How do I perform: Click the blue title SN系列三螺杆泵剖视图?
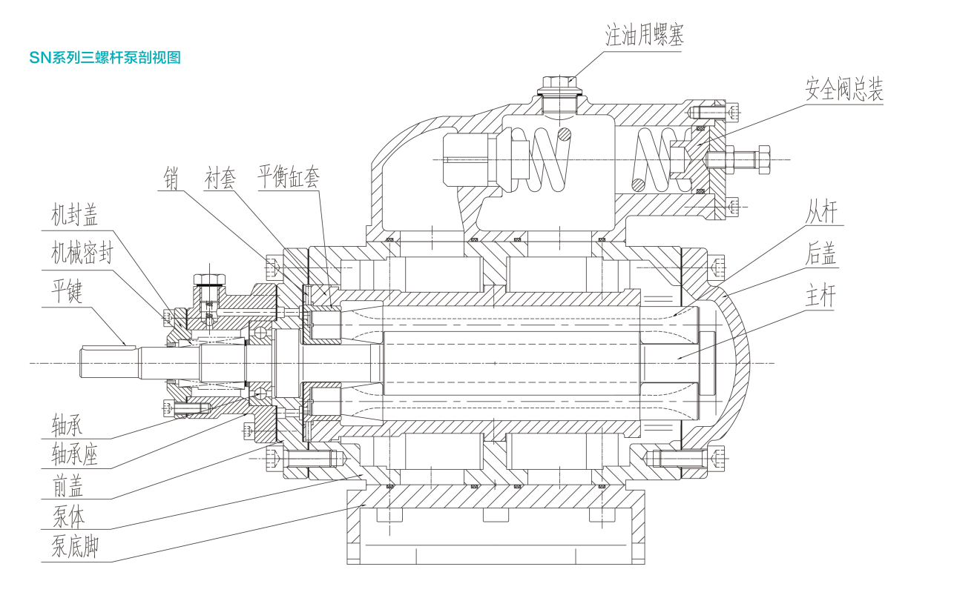pos(105,57)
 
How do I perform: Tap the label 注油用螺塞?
pos(645,35)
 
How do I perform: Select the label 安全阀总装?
pos(844,89)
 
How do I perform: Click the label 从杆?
pos(821,212)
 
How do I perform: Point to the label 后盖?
pos(820,253)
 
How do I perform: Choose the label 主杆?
pos(820,296)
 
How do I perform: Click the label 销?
pos(171,178)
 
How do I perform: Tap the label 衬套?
pos(220,178)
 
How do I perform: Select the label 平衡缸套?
pos(289,176)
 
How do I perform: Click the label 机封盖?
pos(74,215)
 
